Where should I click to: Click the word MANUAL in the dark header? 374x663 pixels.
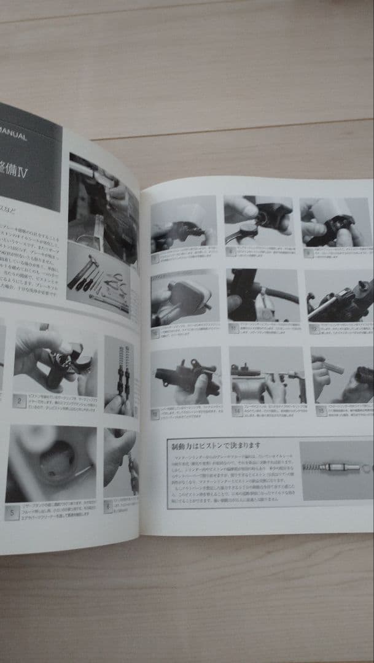pos(12,136)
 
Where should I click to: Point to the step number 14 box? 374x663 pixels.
pos(237,411)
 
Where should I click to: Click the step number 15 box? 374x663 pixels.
pos(321,411)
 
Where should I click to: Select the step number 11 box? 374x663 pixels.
pos(233,328)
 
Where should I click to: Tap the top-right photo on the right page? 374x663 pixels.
pos(336,222)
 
